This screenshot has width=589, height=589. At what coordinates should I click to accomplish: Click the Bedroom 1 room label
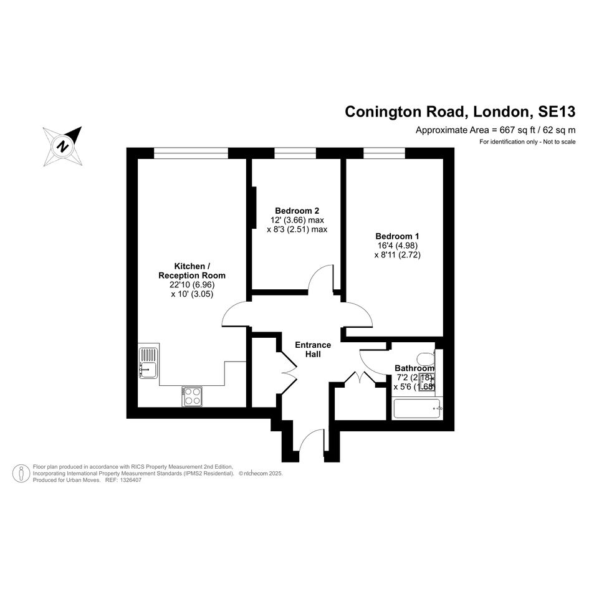[397, 236]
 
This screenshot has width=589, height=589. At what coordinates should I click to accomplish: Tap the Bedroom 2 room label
[297, 211]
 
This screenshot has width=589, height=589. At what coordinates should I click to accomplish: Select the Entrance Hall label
[313, 349]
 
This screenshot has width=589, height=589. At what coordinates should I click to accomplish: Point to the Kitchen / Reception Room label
[192, 271]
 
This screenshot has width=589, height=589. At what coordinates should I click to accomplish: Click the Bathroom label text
[414, 368]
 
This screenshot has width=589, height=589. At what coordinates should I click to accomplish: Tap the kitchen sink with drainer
[149, 363]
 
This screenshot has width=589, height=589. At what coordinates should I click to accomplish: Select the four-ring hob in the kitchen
[192, 396]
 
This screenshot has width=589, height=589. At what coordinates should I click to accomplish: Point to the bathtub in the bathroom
[417, 409]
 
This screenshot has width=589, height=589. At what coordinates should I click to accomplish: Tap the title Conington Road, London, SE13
[460, 112]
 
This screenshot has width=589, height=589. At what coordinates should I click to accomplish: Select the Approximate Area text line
[496, 130]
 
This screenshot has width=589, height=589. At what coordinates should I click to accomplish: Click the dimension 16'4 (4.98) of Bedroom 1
[398, 246]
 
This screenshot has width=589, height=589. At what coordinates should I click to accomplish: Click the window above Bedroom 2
[295, 153]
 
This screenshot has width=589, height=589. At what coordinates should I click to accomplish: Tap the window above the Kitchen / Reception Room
[191, 153]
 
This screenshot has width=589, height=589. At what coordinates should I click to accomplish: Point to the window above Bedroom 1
[385, 153]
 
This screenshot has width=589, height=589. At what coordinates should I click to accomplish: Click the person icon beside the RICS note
[21, 473]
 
